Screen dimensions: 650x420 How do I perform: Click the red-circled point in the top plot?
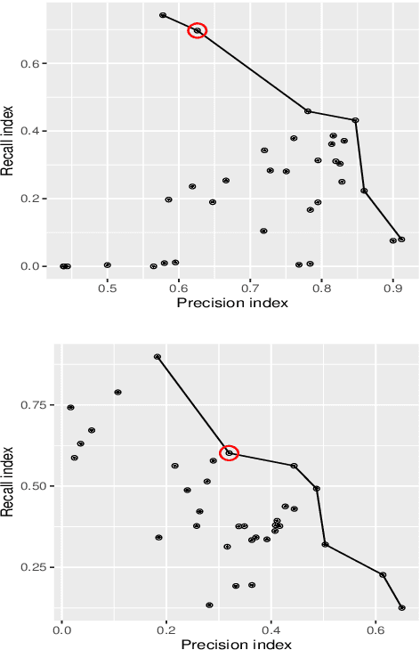point(198,31)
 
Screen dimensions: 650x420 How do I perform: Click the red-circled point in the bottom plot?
point(229,453)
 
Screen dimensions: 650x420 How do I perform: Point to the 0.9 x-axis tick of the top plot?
point(393,288)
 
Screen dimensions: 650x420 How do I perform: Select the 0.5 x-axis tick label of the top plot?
point(108,288)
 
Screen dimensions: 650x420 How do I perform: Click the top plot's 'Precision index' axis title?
point(232,304)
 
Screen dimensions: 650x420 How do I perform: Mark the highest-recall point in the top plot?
point(163,15)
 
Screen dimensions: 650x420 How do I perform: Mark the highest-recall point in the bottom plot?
point(157,357)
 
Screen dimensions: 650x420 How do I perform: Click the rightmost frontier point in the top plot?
point(401,240)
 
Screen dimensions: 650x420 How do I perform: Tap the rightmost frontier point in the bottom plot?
point(402,608)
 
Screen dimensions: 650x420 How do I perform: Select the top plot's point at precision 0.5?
point(108,265)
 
